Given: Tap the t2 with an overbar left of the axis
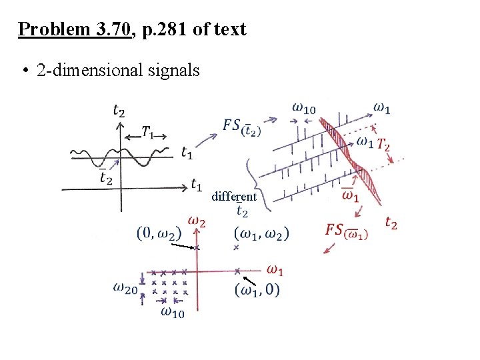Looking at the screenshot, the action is point(105,177).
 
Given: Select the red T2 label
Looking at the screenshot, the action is point(383,144).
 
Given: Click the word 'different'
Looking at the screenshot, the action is point(233,197).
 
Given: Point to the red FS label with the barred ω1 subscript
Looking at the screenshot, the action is point(346,231).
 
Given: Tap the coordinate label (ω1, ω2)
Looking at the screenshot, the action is point(261,233).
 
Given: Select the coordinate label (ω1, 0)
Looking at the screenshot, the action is point(257,290).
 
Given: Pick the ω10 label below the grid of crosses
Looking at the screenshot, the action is point(172,311).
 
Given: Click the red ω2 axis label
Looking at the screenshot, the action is point(197,221).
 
